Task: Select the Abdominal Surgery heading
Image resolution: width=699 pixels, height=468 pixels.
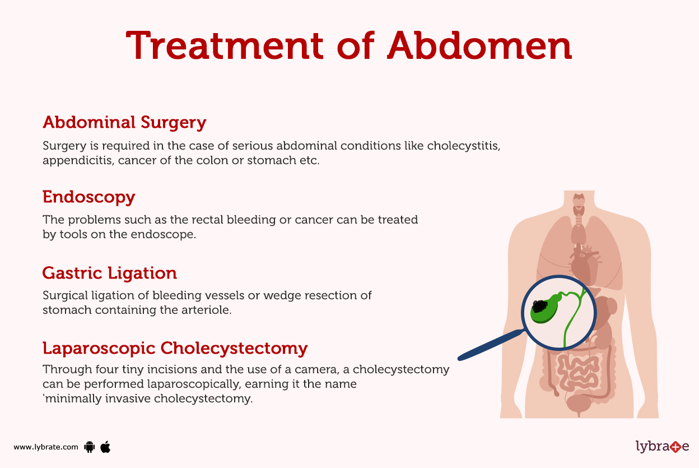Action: pyautogui.click(x=124, y=122)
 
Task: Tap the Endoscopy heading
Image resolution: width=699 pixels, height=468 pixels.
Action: pyautogui.click(x=89, y=197)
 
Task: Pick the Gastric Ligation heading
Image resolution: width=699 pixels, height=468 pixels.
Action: pyautogui.click(x=110, y=273)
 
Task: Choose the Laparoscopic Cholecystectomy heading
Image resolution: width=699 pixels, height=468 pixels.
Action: pyautogui.click(x=175, y=348)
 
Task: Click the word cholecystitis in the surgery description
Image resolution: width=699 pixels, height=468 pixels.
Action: pyautogui.click(x=463, y=146)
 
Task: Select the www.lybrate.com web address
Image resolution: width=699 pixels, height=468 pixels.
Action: pyautogui.click(x=46, y=447)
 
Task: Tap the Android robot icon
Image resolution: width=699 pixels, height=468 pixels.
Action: pyautogui.click(x=89, y=447)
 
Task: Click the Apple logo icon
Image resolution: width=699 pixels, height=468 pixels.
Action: pyautogui.click(x=105, y=447)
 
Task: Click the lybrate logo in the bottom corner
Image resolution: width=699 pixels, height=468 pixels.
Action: pyautogui.click(x=662, y=447)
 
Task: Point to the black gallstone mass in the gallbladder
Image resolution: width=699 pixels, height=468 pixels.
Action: pyautogui.click(x=540, y=306)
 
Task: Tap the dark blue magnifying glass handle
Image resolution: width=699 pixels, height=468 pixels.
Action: pyautogui.click(x=491, y=345)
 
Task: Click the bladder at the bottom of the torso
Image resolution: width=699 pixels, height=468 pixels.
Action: pyautogui.click(x=579, y=402)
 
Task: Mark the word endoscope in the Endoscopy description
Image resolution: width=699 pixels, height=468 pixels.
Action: pyautogui.click(x=166, y=234)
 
